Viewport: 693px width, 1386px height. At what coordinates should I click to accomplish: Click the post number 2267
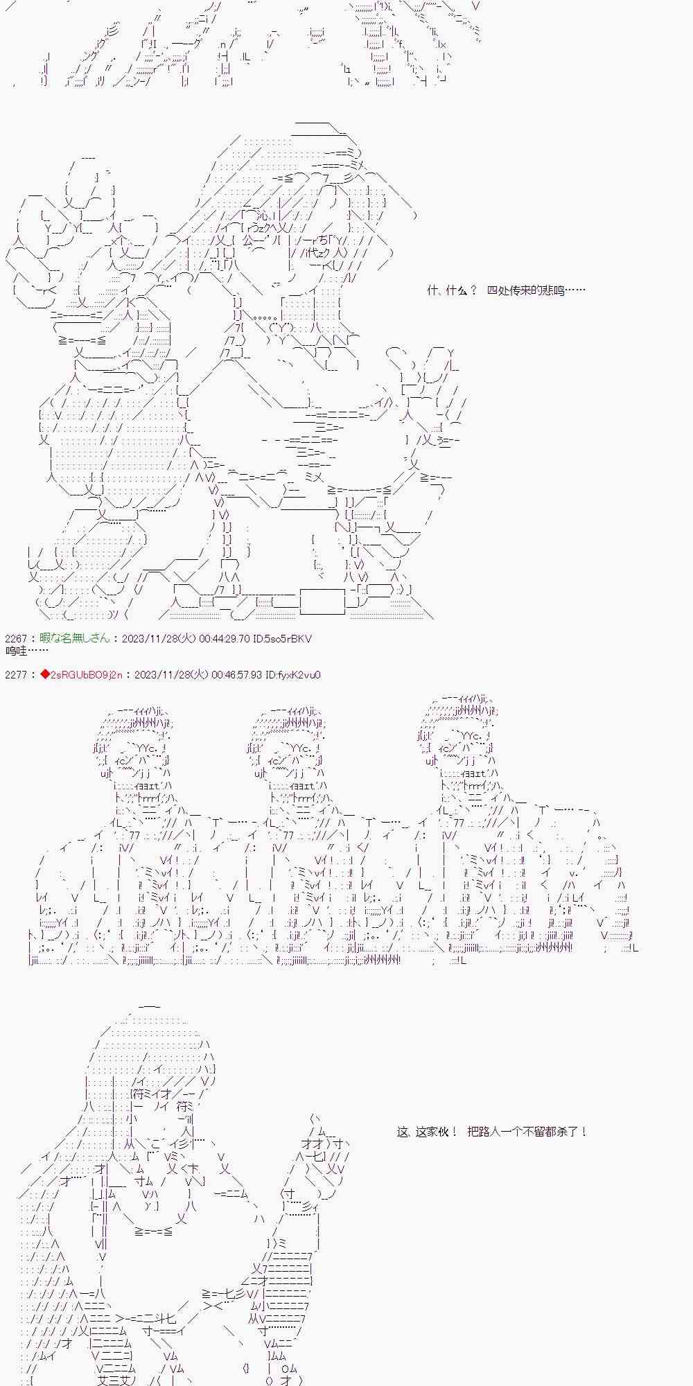coord(17,639)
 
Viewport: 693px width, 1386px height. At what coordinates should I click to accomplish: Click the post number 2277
coord(17,675)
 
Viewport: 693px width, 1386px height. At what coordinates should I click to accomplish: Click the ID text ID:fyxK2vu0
coord(293,675)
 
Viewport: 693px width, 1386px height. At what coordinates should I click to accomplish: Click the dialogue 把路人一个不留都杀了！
coord(527,1132)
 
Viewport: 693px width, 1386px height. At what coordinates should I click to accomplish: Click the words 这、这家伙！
coord(427,1132)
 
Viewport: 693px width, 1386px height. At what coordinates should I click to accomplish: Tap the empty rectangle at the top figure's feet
coord(322,601)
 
